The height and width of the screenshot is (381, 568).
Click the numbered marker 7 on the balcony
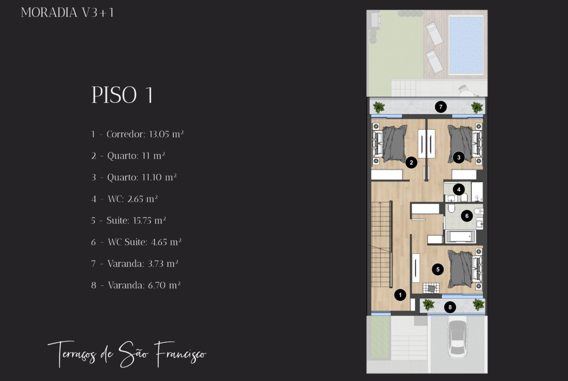click(x=440, y=107)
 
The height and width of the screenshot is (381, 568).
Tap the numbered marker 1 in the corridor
click(x=400, y=295)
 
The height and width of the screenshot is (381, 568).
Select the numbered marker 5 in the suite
click(x=437, y=269)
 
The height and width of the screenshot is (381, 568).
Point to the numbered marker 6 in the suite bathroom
click(x=467, y=216)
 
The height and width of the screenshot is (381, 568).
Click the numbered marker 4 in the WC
click(x=459, y=189)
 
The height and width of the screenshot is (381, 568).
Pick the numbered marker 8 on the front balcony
click(x=450, y=307)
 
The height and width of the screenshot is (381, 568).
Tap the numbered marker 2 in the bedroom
click(x=411, y=163)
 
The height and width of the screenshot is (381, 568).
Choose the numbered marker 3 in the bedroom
click(x=459, y=158)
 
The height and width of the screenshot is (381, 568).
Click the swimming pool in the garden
click(x=466, y=45)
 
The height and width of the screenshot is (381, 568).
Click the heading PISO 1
click(x=122, y=95)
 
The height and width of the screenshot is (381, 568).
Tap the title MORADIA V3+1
click(x=67, y=13)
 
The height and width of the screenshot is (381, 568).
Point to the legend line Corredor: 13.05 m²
click(x=137, y=134)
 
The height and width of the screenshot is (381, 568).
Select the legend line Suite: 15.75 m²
click(x=128, y=220)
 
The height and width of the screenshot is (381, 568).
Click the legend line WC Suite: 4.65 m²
click(x=136, y=242)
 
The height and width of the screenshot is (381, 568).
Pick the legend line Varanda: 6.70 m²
click(x=136, y=285)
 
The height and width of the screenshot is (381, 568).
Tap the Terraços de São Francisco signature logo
click(x=127, y=354)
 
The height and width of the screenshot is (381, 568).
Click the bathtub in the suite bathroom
click(x=461, y=236)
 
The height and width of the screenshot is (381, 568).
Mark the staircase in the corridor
click(x=382, y=244)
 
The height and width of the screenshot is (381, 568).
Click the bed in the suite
click(x=465, y=269)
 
